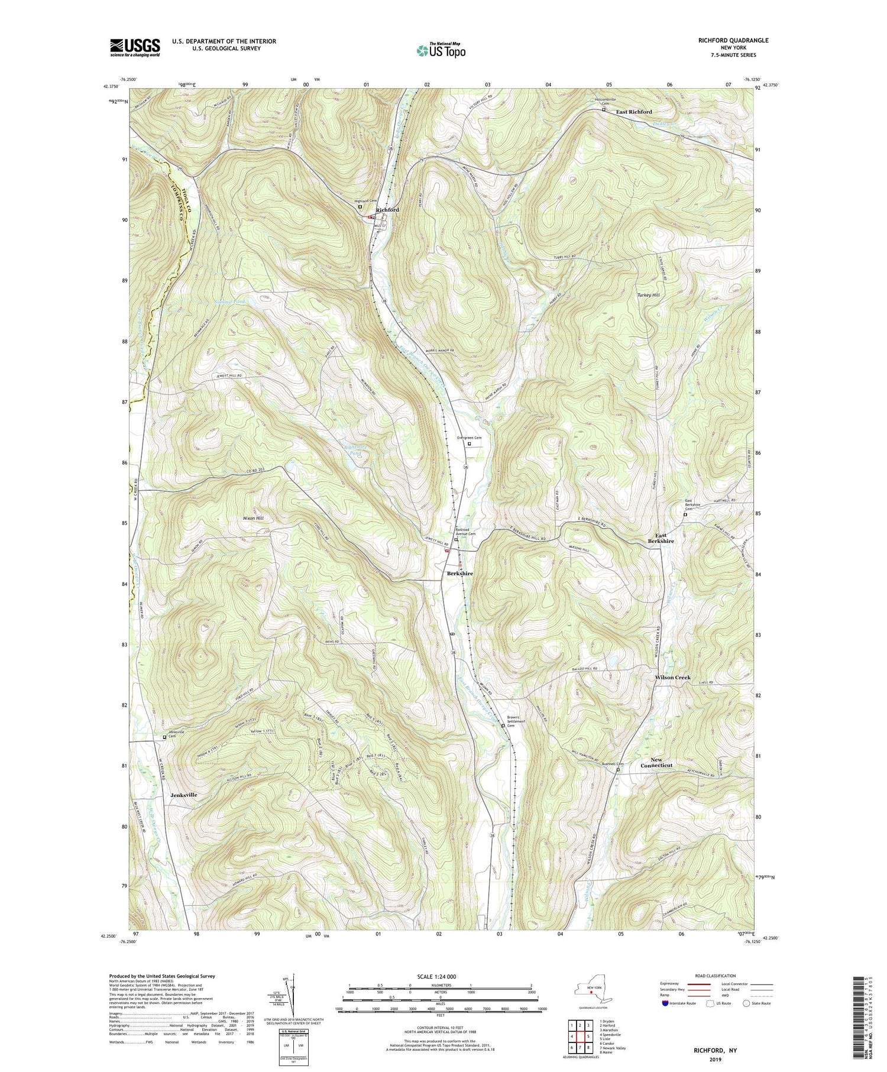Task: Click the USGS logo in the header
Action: click(x=135, y=47)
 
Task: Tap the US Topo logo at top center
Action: click(x=441, y=51)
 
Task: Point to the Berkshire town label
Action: click(x=459, y=574)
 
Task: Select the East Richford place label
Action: click(x=634, y=112)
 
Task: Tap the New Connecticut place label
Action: click(x=657, y=762)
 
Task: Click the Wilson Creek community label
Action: click(x=672, y=678)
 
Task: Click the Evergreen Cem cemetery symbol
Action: click(x=470, y=443)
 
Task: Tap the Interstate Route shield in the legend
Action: click(x=665, y=1003)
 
